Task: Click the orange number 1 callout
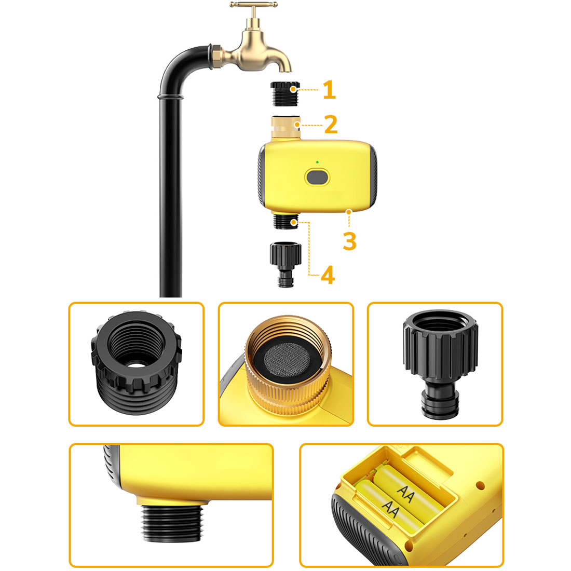(329, 90)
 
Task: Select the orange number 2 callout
(331, 125)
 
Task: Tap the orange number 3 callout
(349, 241)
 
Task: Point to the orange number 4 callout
(328, 275)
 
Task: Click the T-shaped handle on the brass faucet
(253, 5)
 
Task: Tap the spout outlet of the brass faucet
(286, 69)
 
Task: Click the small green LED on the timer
(317, 162)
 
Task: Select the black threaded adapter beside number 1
(285, 93)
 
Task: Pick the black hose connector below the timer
(285, 265)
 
